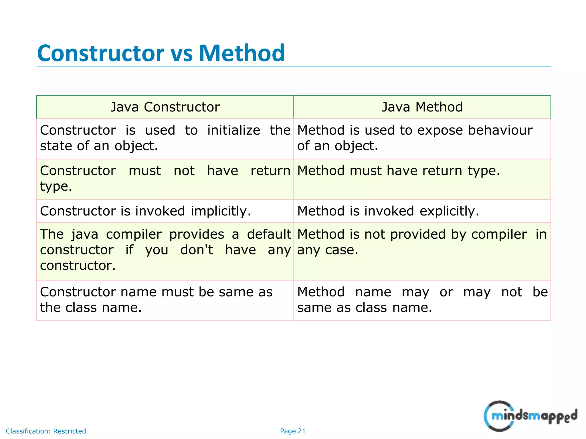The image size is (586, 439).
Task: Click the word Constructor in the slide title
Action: [100, 53]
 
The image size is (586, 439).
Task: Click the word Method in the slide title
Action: [241, 53]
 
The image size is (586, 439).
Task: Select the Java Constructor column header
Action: [165, 107]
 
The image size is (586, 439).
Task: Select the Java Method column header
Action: [422, 107]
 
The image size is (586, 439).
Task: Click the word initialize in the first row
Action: [233, 130]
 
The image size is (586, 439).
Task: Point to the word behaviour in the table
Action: [500, 130]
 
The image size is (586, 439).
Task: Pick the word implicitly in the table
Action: [221, 211]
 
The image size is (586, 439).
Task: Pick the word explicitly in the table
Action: [449, 211]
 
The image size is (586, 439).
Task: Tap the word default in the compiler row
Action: [269, 234]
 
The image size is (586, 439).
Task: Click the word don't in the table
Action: [197, 250]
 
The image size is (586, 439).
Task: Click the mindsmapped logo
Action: [530, 416]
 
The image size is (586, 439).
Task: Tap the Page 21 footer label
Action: [293, 431]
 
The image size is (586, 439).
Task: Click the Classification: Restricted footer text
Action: [46, 431]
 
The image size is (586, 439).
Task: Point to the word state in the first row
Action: [56, 146]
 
